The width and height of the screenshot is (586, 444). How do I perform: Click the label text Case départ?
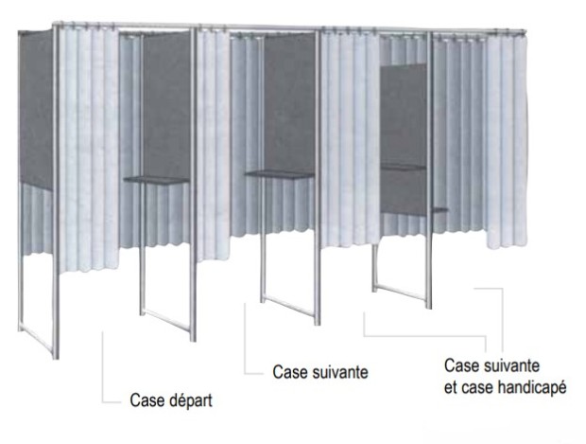170,400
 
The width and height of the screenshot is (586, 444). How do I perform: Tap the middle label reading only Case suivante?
319,372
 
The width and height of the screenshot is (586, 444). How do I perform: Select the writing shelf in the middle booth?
279,173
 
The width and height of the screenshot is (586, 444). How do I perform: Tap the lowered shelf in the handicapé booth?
404,168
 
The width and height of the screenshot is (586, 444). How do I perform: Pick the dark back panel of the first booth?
165,104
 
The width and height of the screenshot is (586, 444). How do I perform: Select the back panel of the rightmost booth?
402,114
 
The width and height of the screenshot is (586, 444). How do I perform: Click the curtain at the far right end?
505,142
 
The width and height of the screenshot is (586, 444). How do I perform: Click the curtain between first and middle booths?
214,142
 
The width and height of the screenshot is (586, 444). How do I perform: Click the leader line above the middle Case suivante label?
245,341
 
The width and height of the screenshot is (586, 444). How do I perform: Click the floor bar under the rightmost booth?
402,293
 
